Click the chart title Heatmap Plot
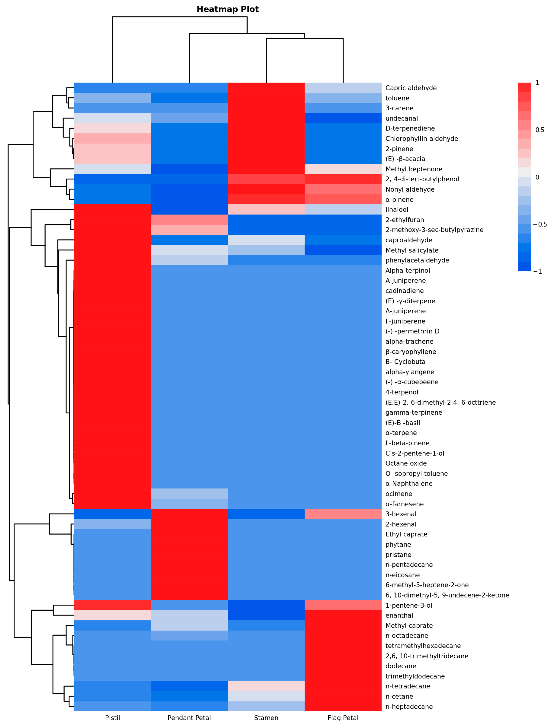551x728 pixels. (x=228, y=9)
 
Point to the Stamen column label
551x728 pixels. (x=266, y=718)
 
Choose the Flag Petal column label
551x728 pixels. (x=343, y=718)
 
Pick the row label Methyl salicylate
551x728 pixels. (x=412, y=250)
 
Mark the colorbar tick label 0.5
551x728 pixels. (x=540, y=130)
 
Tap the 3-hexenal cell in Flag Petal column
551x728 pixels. (x=343, y=514)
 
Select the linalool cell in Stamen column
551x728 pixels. (x=266, y=210)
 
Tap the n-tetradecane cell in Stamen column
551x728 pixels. (x=266, y=686)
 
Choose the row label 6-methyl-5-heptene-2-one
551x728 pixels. (x=427, y=585)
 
